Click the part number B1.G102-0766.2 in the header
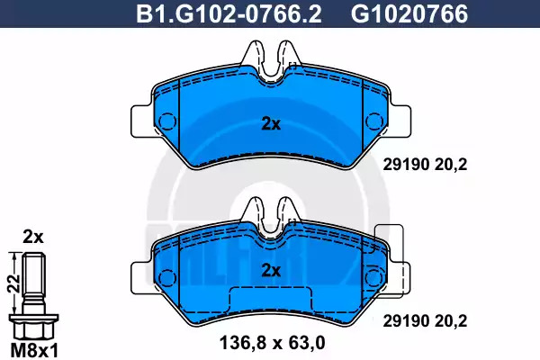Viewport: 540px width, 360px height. click(x=229, y=14)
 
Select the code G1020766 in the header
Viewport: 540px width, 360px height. click(x=409, y=14)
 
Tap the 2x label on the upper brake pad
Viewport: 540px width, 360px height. click(x=271, y=124)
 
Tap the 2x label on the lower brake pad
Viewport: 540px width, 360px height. click(x=271, y=270)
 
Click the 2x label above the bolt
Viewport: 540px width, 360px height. click(x=33, y=237)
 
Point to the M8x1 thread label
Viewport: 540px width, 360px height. click(x=34, y=351)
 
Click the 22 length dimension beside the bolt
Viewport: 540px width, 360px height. click(x=13, y=283)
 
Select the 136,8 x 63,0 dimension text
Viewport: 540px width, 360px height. click(x=272, y=343)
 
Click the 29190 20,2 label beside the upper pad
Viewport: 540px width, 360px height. click(x=426, y=165)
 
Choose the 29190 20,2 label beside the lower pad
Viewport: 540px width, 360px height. click(x=426, y=321)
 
